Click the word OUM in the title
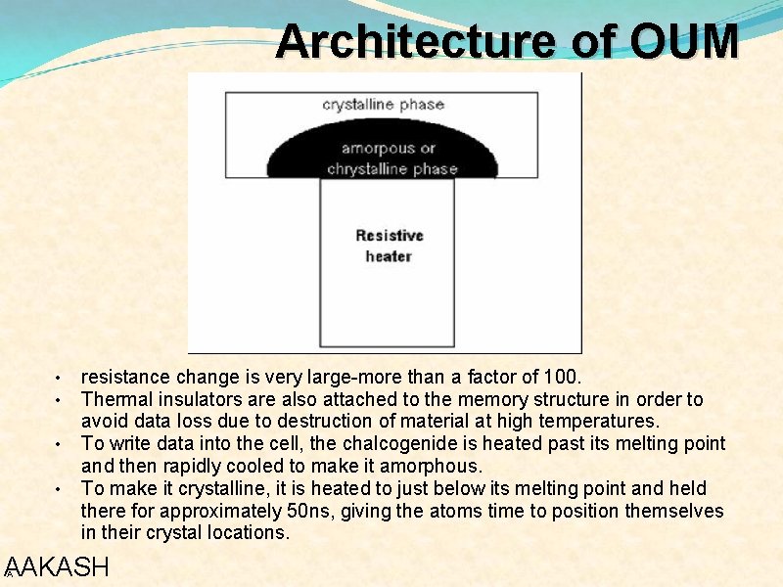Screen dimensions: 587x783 684,41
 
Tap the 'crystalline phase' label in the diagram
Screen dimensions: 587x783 384,105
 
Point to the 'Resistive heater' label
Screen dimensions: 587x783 389,246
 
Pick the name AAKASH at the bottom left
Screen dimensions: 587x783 57,567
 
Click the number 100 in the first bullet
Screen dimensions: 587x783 562,377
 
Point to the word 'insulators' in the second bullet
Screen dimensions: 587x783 196,399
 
